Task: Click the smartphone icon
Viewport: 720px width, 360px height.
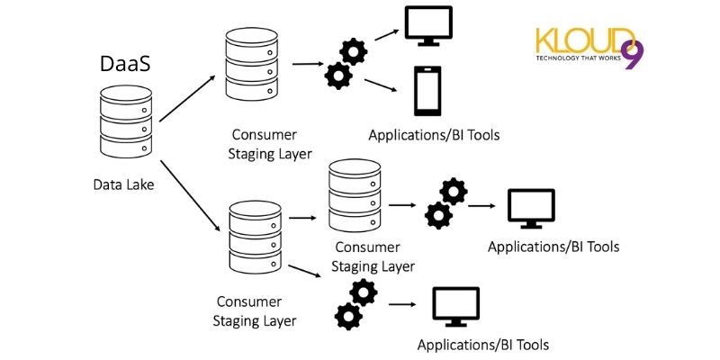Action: coord(426,91)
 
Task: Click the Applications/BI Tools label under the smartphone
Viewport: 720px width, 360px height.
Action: coord(434,135)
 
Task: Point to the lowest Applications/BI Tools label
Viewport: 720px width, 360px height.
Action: coord(482,345)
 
